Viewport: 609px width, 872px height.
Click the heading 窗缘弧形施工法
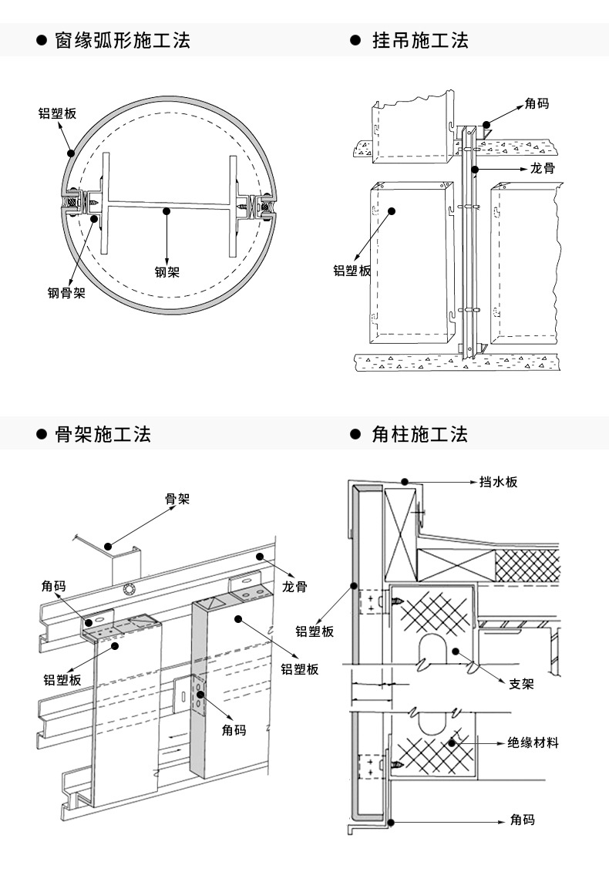(x=123, y=41)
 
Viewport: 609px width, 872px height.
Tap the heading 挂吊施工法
(x=420, y=41)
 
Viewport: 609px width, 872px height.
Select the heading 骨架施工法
(x=103, y=434)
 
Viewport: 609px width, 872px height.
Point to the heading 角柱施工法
(x=420, y=434)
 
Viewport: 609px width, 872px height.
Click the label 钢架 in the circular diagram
(x=167, y=272)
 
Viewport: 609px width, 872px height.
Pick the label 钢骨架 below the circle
(x=66, y=292)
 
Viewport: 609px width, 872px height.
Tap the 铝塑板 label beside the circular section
(x=57, y=113)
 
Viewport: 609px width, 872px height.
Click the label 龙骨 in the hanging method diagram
(x=542, y=168)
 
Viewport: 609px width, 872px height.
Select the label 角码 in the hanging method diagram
(x=537, y=103)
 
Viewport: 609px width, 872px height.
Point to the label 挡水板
(x=498, y=482)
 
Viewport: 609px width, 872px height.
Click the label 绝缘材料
(x=533, y=742)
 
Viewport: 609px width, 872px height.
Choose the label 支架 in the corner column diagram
(x=521, y=684)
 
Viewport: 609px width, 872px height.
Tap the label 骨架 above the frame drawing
(x=177, y=499)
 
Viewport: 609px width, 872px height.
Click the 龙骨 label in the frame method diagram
(x=294, y=586)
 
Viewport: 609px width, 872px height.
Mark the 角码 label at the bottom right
(x=522, y=820)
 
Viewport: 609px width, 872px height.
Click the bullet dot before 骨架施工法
(x=42, y=434)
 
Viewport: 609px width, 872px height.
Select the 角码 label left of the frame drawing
(x=54, y=586)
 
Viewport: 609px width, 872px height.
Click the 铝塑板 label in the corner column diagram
(x=315, y=631)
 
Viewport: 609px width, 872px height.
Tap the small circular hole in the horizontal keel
(x=130, y=590)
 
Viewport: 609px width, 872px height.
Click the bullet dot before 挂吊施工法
(x=356, y=41)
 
